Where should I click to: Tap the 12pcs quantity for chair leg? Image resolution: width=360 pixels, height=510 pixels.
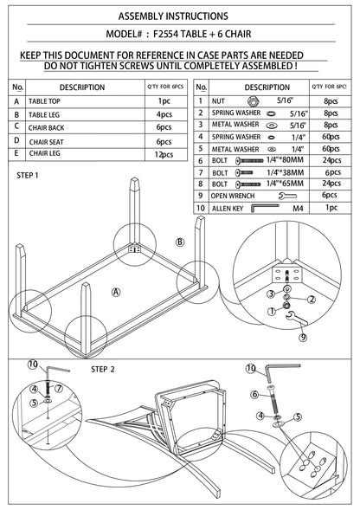[x=164, y=154]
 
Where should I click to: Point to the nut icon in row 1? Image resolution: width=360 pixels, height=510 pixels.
[x=253, y=101]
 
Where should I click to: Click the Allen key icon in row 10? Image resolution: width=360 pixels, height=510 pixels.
[x=265, y=208]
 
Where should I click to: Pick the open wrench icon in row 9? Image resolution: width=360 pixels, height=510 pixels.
[x=287, y=196]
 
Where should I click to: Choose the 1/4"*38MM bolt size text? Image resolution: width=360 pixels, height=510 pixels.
[x=286, y=172]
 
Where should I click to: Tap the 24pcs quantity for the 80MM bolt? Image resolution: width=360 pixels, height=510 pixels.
[x=331, y=160]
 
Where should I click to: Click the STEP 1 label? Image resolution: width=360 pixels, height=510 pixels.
[x=28, y=175]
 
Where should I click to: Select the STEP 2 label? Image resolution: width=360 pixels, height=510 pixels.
[x=103, y=369]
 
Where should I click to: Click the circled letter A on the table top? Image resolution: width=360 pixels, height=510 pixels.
[x=116, y=292]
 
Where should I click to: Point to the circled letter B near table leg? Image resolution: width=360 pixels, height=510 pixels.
[x=180, y=242]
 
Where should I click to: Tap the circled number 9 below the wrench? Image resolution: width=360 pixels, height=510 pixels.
[x=303, y=337]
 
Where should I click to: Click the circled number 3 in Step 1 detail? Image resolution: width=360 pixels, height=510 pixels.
[x=271, y=294]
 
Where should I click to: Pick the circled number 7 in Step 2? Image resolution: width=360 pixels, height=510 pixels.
[x=58, y=389]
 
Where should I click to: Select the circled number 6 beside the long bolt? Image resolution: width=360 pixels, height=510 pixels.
[x=254, y=395]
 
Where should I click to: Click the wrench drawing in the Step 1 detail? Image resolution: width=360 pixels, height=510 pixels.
[x=296, y=318]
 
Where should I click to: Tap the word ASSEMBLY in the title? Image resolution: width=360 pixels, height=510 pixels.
[x=140, y=16]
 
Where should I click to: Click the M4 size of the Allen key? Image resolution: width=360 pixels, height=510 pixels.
[x=298, y=208]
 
